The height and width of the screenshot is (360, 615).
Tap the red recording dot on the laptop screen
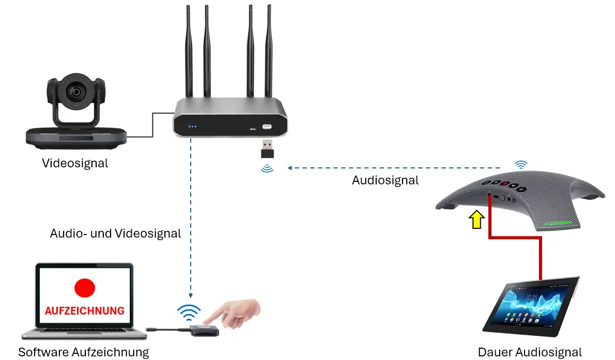point(85,287)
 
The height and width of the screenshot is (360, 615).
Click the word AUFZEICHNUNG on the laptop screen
point(85,311)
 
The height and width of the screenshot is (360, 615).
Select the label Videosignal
point(75,164)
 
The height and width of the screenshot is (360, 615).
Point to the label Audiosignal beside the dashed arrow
point(385,180)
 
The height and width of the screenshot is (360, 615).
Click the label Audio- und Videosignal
point(115,233)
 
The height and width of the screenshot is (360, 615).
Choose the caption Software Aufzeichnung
point(84,353)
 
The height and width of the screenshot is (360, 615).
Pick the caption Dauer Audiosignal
point(530,353)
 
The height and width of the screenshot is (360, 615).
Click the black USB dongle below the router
point(267,149)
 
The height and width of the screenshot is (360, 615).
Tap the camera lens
point(76,92)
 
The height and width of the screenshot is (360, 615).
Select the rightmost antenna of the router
point(269,52)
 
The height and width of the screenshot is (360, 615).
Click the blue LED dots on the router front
point(193,126)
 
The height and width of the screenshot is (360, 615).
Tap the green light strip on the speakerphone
point(558,224)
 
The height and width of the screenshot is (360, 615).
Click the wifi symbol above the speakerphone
point(521,165)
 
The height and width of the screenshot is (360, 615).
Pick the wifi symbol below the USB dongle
point(267,168)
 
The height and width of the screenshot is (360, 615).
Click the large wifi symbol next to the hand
point(189,312)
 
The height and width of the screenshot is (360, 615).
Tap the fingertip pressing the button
point(207,322)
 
